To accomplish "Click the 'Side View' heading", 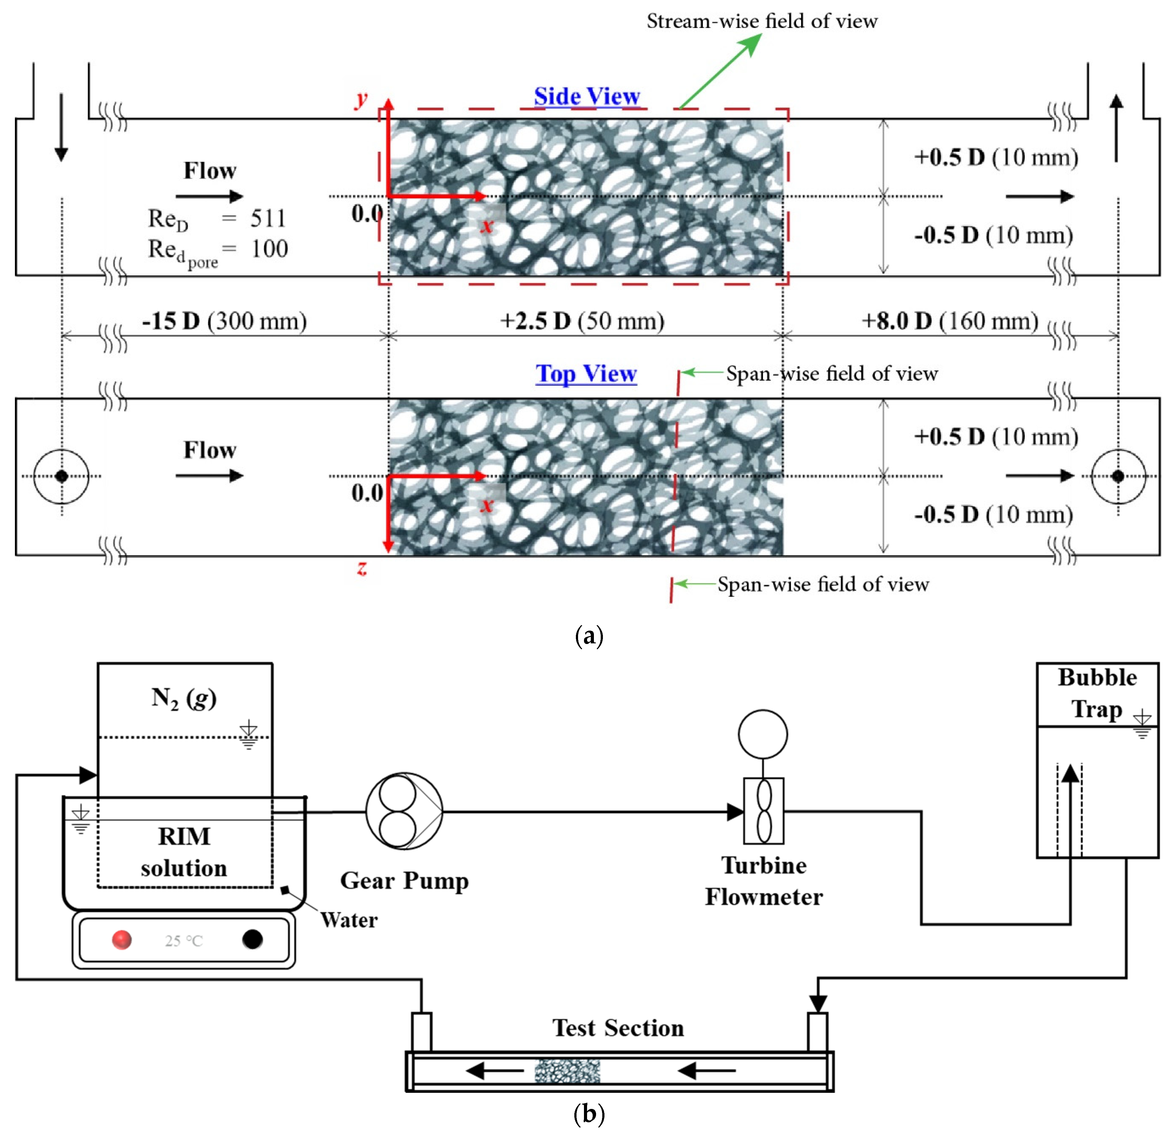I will (587, 96).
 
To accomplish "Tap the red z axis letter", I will (362, 567).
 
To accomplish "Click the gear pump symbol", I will (404, 811).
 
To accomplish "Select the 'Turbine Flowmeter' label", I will (764, 881).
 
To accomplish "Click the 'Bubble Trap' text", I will (1097, 693).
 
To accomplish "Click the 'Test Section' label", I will (618, 1028).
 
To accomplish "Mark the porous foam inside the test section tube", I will (567, 1070).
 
